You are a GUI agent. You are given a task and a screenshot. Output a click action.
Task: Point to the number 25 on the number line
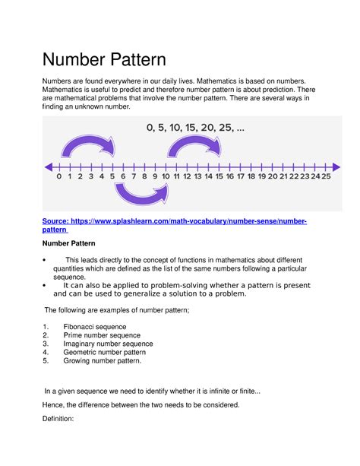[325, 176]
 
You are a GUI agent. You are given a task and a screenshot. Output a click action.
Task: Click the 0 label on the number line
[58, 176]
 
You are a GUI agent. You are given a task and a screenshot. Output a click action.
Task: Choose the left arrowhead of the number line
[49, 166]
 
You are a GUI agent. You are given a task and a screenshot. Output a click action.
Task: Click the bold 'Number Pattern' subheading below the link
[74, 245]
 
